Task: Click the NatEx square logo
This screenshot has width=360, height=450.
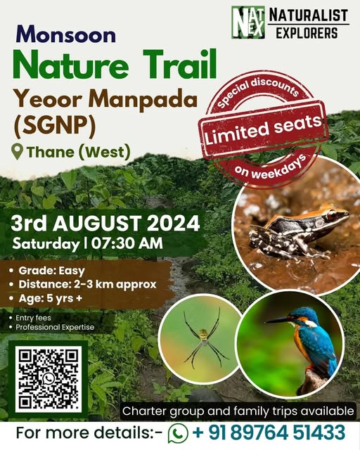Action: (248, 22)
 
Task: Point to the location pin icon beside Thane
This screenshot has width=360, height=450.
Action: (17, 151)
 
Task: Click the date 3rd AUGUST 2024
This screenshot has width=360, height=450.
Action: (105, 224)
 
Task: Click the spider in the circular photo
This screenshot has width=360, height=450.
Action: (203, 338)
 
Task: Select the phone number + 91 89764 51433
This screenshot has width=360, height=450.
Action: (269, 432)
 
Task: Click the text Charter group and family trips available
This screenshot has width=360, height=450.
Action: (238, 410)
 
